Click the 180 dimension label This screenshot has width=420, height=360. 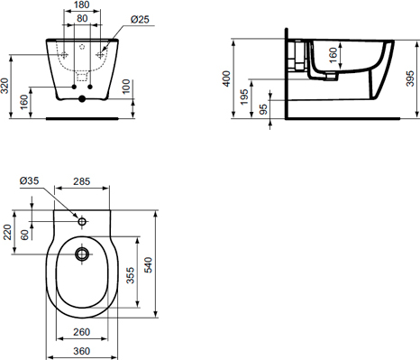82,5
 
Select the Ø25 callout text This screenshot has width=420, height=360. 140,20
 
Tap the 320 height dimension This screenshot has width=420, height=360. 5,86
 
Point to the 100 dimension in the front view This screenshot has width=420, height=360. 126,87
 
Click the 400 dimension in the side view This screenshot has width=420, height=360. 226,78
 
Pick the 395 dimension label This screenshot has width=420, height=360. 410,78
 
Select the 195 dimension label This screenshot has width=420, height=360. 244,97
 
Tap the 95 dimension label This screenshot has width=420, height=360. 263,109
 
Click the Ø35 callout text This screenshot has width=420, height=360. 30,181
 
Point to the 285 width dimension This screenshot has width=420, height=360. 82,181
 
